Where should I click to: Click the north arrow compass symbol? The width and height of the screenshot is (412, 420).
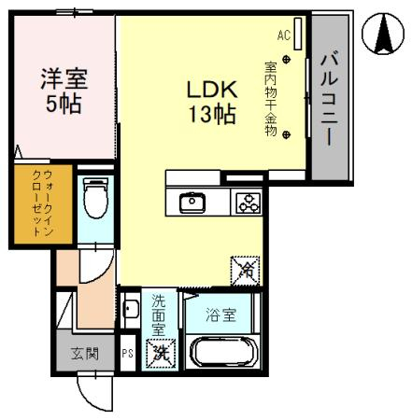pyautogui.click(x=383, y=33)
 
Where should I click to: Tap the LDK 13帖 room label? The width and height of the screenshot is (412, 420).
pyautogui.click(x=213, y=103)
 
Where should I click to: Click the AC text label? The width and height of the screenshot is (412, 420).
pyautogui.click(x=284, y=35)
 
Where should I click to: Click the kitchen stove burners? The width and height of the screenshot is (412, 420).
pyautogui.click(x=248, y=202)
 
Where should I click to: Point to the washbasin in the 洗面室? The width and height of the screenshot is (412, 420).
pyautogui.click(x=132, y=308)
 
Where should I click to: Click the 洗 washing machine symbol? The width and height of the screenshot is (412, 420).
pyautogui.click(x=160, y=355)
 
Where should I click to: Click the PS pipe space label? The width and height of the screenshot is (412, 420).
pyautogui.click(x=128, y=354)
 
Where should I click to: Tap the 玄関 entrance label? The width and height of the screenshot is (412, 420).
pyautogui.click(x=78, y=354)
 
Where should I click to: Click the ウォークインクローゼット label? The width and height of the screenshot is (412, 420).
pyautogui.click(x=31, y=204)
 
